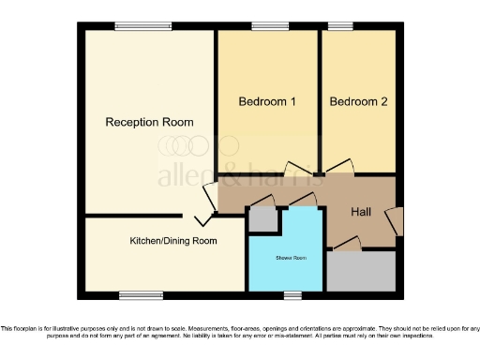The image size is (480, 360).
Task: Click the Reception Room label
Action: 149,122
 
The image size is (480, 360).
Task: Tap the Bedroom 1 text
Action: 267,101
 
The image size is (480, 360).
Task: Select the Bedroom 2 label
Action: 358,101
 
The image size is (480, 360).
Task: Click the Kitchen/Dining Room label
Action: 173,241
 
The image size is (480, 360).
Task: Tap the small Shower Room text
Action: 291,257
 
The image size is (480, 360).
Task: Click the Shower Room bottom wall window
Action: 293,296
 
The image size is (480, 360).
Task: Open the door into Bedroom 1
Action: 295,168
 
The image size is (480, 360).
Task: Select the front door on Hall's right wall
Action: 397,221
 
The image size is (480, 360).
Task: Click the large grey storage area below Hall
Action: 361,271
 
